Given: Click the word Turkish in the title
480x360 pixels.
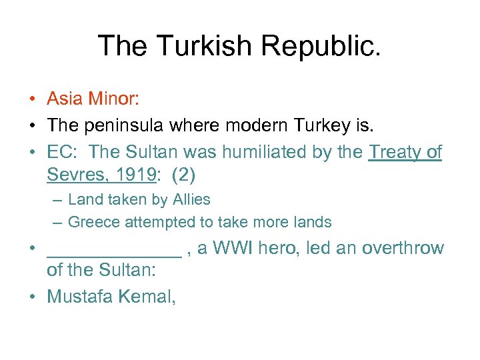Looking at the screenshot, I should pos(201,45).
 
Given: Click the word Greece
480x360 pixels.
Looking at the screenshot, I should pos(93,222).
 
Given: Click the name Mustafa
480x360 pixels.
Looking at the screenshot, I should pos(80,296).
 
